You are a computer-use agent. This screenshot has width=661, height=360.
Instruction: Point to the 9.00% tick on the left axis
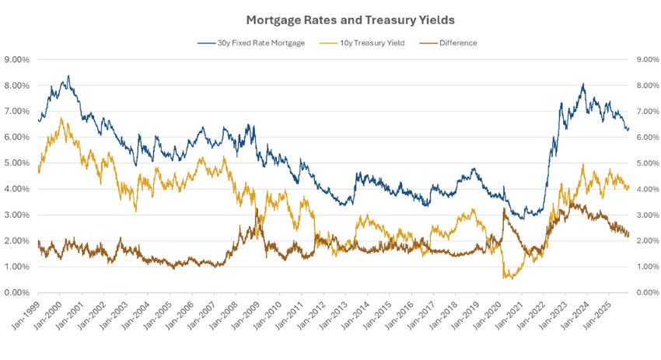pos(17,59)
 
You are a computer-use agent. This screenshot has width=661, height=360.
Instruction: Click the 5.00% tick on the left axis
pos(17,163)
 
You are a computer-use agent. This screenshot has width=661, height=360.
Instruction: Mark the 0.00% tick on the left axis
pos(17,293)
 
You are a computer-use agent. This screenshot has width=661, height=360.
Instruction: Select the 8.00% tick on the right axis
pos(648,86)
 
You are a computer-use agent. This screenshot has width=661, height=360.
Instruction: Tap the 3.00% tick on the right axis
pos(648,215)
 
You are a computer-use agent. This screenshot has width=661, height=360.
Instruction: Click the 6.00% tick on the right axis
pos(648,138)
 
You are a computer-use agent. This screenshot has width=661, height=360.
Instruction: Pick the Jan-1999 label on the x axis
pos(26,312)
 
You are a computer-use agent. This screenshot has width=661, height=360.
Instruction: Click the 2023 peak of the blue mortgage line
pos(582,84)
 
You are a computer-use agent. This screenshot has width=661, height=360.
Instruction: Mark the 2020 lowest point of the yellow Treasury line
pos(506,278)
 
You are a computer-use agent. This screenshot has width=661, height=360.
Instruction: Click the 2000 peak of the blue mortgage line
pos(68,76)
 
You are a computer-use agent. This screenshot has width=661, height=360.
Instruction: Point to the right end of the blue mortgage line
pos(628,129)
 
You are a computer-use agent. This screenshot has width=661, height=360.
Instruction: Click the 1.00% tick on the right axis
pos(648,267)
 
